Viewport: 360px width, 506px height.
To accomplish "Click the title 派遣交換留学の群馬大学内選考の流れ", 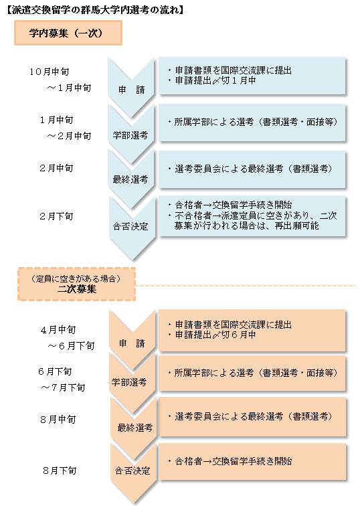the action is [x=95, y=10].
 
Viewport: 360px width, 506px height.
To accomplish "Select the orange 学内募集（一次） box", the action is [x=68, y=33].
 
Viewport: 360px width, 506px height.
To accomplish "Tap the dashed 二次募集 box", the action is [x=76, y=284].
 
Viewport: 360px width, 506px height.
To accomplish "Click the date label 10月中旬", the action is [x=50, y=72].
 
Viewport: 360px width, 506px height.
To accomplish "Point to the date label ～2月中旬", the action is [x=69, y=136].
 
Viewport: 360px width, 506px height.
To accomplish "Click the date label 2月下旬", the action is [x=56, y=216].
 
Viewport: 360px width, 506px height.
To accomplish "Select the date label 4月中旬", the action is [x=58, y=330].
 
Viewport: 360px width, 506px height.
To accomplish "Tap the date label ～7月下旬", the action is [x=63, y=388].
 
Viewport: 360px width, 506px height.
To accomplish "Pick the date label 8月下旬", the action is [x=60, y=471].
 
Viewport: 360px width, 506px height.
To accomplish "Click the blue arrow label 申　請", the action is [x=131, y=90].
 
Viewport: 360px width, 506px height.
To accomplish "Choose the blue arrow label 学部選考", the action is [x=130, y=135].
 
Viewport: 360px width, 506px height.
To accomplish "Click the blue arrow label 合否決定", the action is [x=130, y=226].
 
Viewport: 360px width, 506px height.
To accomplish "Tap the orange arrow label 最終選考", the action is [x=135, y=428].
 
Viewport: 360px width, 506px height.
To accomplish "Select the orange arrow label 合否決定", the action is [x=132, y=471].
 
